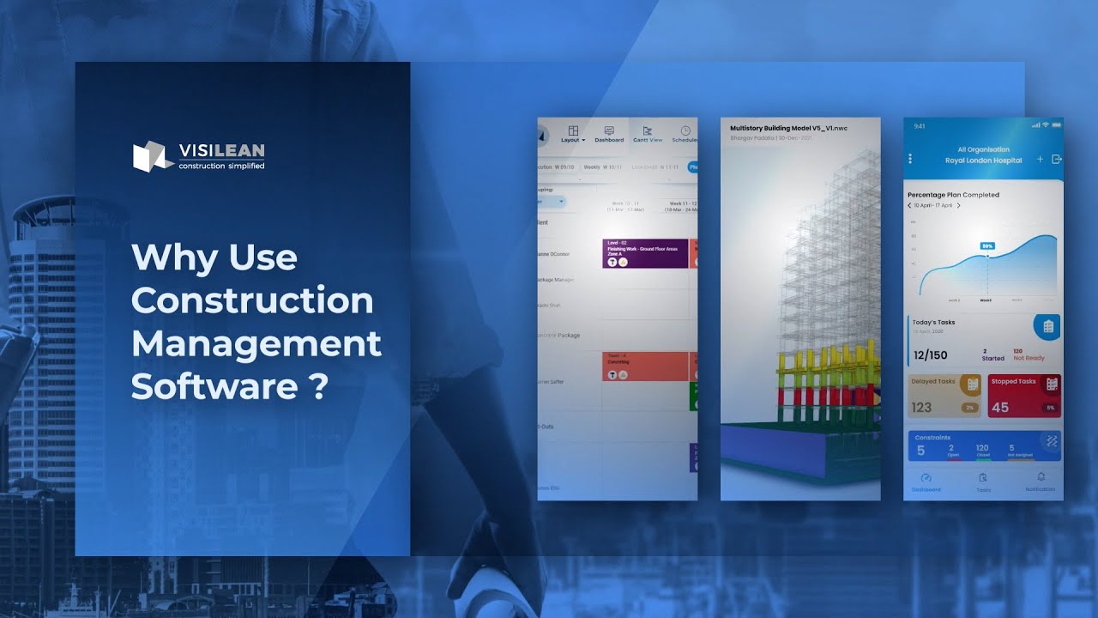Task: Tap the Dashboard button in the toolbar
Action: tap(609, 134)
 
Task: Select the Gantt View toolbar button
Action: tap(648, 134)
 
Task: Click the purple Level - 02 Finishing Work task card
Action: tap(645, 253)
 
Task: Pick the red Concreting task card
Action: tap(645, 366)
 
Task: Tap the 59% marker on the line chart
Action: tap(987, 246)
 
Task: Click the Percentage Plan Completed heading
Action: tap(953, 195)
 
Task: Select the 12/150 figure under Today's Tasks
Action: tap(931, 354)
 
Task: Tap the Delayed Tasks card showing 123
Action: tap(944, 396)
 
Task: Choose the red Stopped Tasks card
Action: tap(1023, 396)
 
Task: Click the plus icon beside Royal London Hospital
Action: tap(1040, 159)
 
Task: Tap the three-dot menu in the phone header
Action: tap(910, 159)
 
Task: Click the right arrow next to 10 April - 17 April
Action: tap(959, 206)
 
